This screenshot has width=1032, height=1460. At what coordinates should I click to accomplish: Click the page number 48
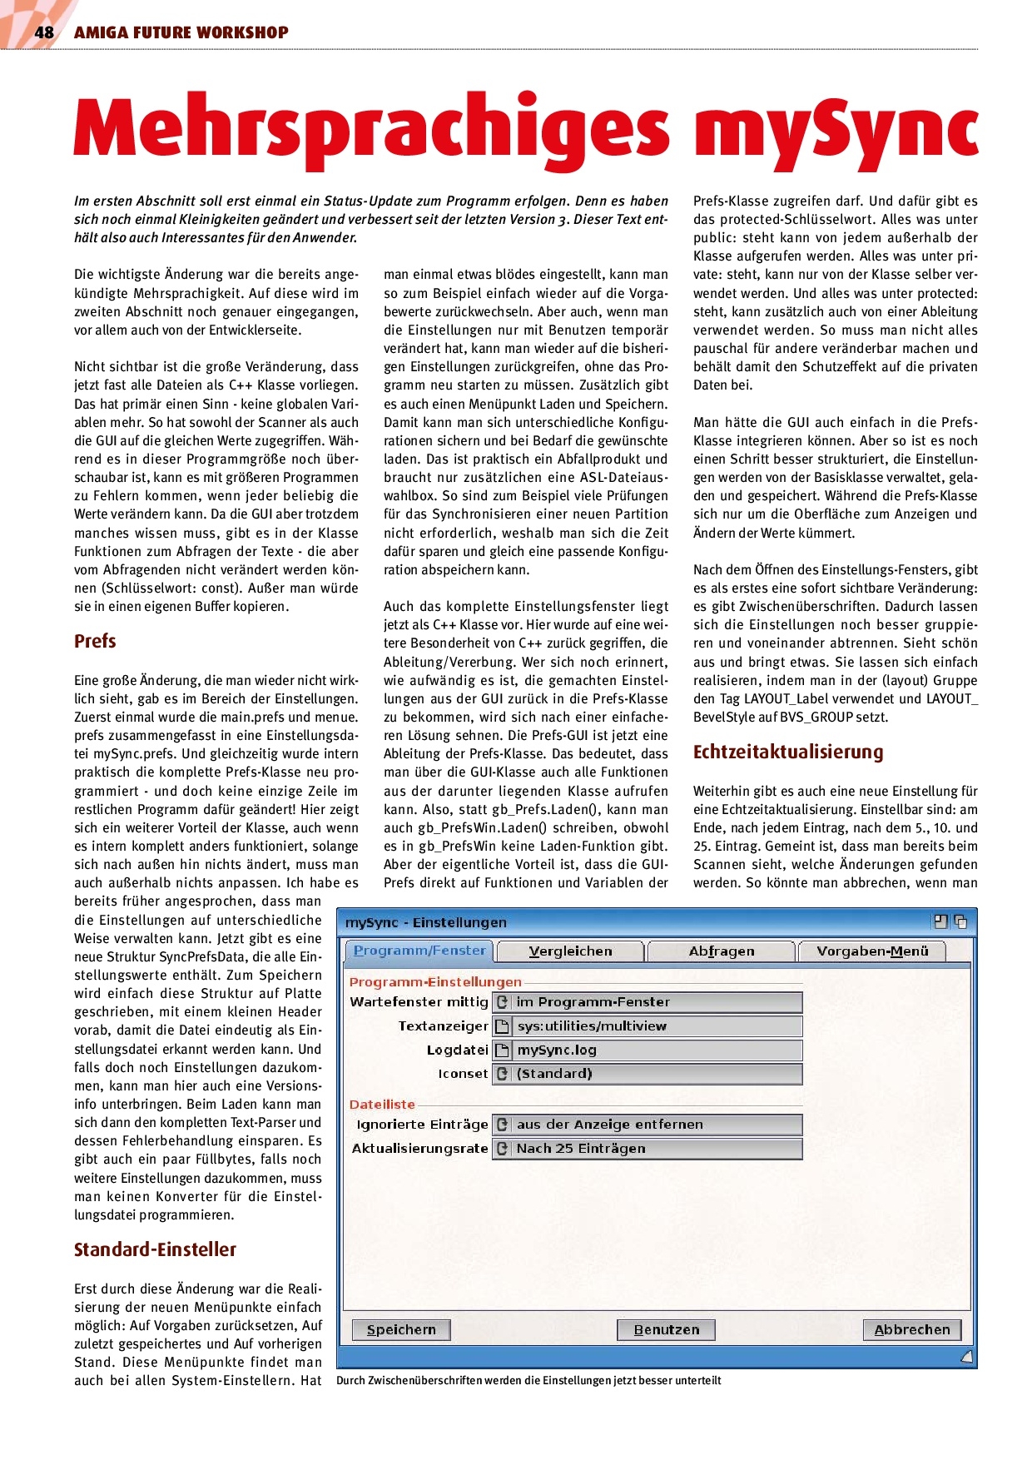click(x=43, y=32)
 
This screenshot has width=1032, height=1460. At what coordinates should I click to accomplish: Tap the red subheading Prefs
click(x=95, y=641)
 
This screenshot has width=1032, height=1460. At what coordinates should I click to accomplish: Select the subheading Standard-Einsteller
click(x=155, y=1249)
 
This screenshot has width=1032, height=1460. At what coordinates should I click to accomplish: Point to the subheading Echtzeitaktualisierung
click(x=788, y=752)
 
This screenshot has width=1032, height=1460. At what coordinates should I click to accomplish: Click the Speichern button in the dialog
click(x=401, y=1329)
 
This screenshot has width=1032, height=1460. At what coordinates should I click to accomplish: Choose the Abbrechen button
click(x=911, y=1329)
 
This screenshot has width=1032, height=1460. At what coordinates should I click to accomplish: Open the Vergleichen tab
click(x=570, y=951)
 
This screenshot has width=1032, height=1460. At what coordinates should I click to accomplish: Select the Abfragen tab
click(x=722, y=951)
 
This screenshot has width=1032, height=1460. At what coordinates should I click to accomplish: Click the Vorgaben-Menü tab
click(x=872, y=951)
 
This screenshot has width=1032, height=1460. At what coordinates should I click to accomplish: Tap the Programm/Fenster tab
click(x=419, y=951)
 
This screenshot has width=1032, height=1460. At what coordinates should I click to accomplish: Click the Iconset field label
click(x=463, y=1074)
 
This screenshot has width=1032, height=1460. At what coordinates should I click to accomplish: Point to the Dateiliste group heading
click(x=382, y=1105)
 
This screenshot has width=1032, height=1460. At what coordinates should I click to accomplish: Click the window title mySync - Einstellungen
click(x=425, y=922)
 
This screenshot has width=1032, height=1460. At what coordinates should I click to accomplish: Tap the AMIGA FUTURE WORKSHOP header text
click(x=181, y=32)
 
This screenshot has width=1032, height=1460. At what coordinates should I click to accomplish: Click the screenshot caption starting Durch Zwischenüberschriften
click(x=528, y=1381)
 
